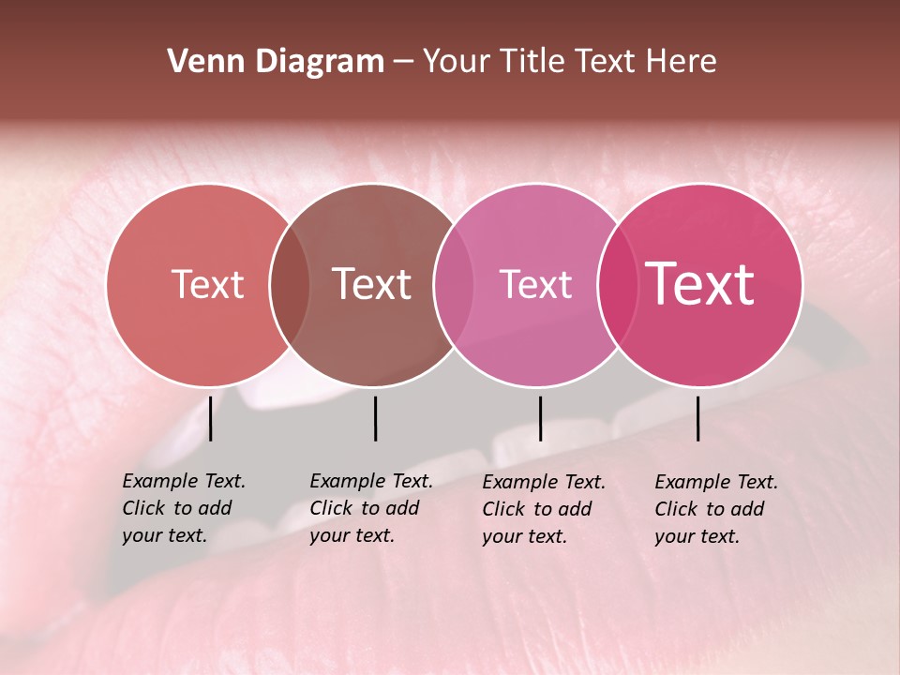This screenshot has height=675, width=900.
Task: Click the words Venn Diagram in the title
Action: click(275, 62)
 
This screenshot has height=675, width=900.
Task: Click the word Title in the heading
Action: click(535, 62)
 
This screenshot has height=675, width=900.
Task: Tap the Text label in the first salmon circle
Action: click(207, 284)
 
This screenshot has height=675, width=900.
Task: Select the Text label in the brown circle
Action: click(372, 284)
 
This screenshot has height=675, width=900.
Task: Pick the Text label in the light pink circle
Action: click(535, 284)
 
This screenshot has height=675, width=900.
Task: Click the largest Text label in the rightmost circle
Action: click(700, 284)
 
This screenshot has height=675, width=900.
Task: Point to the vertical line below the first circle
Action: click(210, 418)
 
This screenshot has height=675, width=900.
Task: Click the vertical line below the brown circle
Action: click(375, 418)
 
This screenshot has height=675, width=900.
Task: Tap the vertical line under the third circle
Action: click(540, 418)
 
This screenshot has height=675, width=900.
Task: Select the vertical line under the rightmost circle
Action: click(697, 418)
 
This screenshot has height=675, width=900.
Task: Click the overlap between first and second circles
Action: click(290, 284)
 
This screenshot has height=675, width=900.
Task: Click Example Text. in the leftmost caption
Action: click(184, 481)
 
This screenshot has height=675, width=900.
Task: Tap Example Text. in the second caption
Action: click(371, 481)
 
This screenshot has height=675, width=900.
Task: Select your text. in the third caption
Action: click(524, 537)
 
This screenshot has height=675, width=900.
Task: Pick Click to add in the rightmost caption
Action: click(709, 509)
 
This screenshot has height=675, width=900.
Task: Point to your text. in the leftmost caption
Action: click(164, 536)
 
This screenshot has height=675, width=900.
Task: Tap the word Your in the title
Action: click(457, 62)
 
